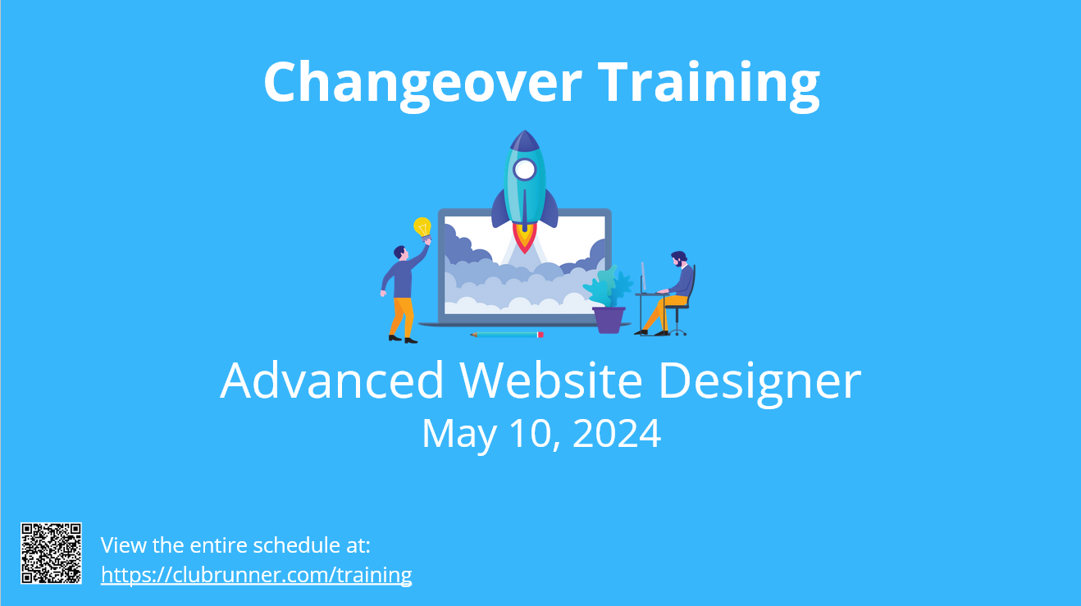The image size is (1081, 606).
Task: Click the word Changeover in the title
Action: [422, 83]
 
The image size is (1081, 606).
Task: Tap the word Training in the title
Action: [709, 83]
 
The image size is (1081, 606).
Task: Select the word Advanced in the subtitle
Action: [331, 380]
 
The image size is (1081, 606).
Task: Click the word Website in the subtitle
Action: [551, 380]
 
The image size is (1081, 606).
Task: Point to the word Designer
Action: [760, 383]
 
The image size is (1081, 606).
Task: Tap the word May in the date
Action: [459, 435]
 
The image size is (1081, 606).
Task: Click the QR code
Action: [51, 553]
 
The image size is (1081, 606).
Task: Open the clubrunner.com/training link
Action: [256, 575]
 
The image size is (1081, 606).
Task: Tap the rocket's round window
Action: [525, 170]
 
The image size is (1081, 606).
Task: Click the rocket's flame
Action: [525, 237]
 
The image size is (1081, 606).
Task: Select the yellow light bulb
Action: [422, 229]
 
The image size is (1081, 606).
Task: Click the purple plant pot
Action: [609, 320]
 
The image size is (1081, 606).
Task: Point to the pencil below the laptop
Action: [507, 335]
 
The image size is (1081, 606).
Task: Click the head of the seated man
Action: [678, 258]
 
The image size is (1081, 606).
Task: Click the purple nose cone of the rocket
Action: [525, 140]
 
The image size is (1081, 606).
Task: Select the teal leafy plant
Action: [608, 286]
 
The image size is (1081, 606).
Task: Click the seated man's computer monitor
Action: [643, 277]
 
